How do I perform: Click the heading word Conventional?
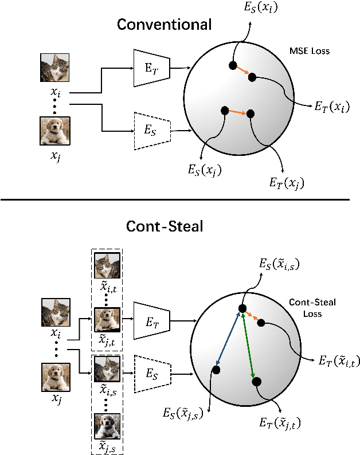tap(164, 25)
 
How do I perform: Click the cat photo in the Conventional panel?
tap(56, 68)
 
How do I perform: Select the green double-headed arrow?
tap(248, 345)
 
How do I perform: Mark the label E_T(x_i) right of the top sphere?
tap(334, 107)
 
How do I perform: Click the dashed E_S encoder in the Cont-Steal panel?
tap(152, 375)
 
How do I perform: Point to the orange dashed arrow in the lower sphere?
tap(252, 317)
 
